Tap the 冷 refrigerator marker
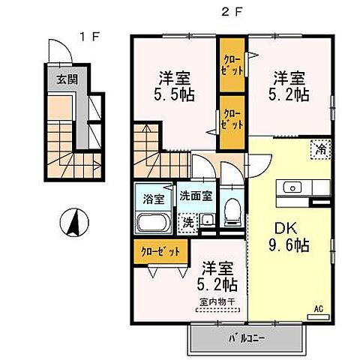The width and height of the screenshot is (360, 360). pos(319,149)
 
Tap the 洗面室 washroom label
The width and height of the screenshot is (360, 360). pos(196,196)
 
